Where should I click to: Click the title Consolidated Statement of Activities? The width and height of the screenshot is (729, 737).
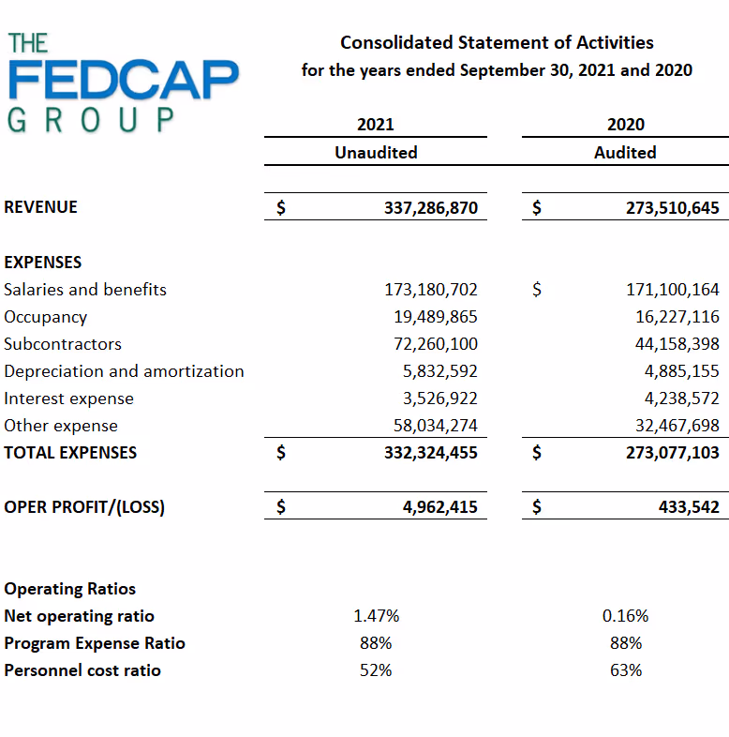tap(497, 42)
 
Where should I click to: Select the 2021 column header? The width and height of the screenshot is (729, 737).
tap(376, 124)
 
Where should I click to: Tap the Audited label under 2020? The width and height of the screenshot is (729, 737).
tap(625, 152)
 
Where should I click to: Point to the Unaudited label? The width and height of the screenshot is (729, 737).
tap(376, 152)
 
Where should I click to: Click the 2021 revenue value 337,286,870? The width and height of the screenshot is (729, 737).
tap(431, 207)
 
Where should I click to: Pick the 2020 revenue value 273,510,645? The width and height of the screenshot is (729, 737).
tap(673, 207)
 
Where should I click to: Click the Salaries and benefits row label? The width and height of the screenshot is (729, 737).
tap(85, 290)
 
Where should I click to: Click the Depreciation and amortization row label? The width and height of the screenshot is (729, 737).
tap(124, 371)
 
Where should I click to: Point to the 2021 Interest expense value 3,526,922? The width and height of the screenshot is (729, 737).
tap(440, 399)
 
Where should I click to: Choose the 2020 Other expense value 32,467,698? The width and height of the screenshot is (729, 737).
tap(673, 426)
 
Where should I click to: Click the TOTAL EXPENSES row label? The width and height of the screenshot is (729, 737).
tap(70, 453)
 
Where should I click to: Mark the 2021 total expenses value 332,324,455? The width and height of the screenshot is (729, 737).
tap(431, 453)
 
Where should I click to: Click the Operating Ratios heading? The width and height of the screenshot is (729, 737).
tap(70, 589)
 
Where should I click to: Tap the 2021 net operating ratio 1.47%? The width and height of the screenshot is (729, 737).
tap(376, 616)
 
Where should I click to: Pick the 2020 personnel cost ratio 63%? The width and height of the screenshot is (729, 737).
tap(625, 670)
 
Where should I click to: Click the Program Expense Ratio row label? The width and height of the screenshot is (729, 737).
tap(95, 643)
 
